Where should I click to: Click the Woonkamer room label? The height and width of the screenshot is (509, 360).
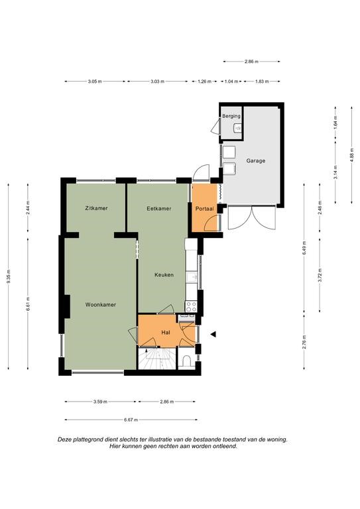click(101, 304)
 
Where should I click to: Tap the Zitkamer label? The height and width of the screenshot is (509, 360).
click(96, 208)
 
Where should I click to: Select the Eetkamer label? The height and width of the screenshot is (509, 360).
click(159, 208)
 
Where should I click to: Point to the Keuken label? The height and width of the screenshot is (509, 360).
click(164, 274)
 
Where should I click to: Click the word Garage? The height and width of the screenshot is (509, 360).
click(255, 160)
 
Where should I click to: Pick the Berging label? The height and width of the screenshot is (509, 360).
click(231, 116)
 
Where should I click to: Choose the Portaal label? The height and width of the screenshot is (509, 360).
click(204, 209)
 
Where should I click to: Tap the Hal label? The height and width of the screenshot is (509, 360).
click(166, 333)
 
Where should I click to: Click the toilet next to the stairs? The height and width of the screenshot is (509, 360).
click(187, 361)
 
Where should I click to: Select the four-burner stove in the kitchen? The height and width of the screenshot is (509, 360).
click(191, 306)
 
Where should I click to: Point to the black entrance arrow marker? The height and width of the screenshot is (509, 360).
click(213, 334)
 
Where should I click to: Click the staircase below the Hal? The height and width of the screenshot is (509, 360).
click(157, 358)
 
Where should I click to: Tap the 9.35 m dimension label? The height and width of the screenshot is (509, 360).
click(8, 276)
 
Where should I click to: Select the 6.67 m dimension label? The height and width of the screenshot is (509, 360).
click(131, 420)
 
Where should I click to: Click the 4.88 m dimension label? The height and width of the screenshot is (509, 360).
click(352, 155)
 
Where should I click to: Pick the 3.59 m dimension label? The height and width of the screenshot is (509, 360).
click(100, 402)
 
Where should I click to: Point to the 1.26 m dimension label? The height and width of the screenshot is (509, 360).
click(204, 82)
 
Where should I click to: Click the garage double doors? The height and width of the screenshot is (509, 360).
click(252, 218)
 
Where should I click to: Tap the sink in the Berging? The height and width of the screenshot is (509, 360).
click(238, 128)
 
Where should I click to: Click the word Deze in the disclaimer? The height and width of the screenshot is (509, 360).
click(64, 439)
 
